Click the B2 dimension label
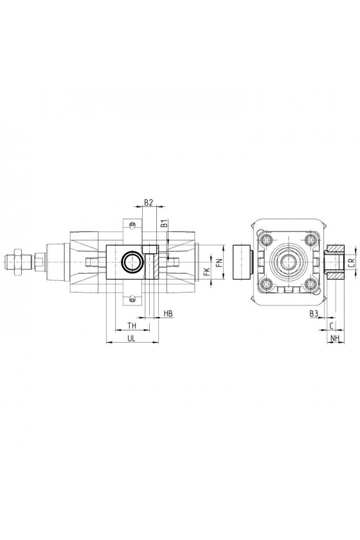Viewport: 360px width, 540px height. click(148, 203)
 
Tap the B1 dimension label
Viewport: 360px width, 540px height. click(165, 224)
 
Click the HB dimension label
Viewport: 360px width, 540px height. click(168, 313)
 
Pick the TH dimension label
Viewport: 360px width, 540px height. click(132, 325)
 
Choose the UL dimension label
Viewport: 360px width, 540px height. click(131, 339)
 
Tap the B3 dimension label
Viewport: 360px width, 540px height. click(314, 313)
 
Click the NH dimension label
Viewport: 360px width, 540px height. click(335, 339)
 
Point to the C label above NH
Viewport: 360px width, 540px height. click(332, 325)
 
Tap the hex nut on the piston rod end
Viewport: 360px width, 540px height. click(17, 262)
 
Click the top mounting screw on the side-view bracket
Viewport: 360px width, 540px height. click(132, 225)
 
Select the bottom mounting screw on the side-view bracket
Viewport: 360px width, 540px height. click(132, 300)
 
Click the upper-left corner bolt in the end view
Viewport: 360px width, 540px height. click(266, 240)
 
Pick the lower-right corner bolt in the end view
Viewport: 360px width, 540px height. click(311, 283)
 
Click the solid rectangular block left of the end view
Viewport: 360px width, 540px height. click(242, 262)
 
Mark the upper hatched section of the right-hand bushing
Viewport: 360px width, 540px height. click(336, 248)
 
